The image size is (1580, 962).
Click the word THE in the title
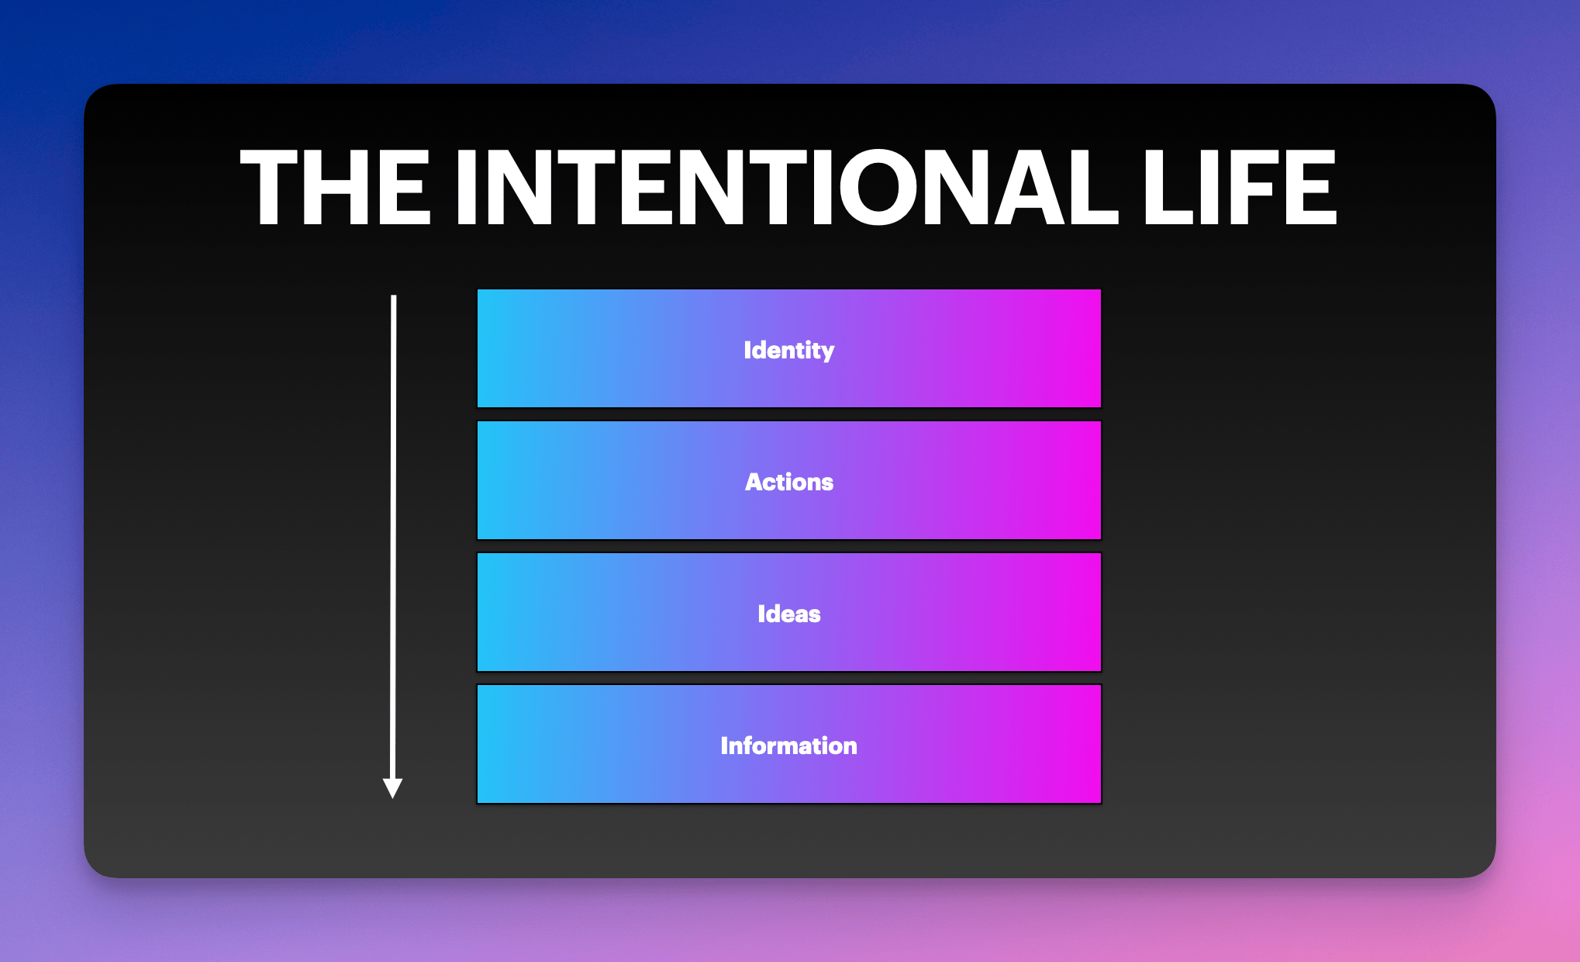(x=335, y=187)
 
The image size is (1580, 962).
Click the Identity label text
(x=789, y=350)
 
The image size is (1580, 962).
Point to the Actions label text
(x=789, y=482)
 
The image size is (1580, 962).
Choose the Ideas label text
(x=789, y=614)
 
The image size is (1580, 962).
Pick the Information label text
(x=789, y=746)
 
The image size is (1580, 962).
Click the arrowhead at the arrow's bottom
(x=393, y=789)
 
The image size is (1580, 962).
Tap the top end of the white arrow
(x=394, y=296)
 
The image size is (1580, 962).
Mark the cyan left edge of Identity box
(x=478, y=348)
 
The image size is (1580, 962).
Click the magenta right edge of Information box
(x=1099, y=744)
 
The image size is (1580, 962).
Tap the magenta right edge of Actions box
(x=1099, y=480)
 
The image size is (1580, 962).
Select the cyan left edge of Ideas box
(x=478, y=612)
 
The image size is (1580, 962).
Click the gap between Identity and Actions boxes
(x=789, y=414)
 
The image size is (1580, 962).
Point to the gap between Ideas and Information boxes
(x=789, y=678)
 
